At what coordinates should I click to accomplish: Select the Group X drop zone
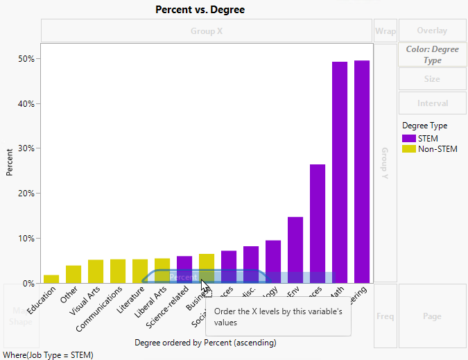(x=207, y=31)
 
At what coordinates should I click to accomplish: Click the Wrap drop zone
(x=385, y=31)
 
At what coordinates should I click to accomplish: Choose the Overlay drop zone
(x=432, y=31)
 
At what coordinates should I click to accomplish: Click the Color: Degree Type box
(x=432, y=55)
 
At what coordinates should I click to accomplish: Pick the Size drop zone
(x=432, y=79)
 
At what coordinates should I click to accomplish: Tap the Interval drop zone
(x=432, y=103)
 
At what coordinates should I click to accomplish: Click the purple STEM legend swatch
(x=408, y=139)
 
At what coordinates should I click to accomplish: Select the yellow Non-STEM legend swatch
(x=408, y=149)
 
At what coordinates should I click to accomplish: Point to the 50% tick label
(x=26, y=59)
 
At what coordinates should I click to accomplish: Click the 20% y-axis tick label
(x=26, y=194)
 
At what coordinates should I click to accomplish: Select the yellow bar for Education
(x=51, y=279)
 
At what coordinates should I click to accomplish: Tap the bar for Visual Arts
(x=96, y=271)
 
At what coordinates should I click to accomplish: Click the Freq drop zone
(x=385, y=316)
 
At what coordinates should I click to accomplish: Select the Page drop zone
(x=432, y=316)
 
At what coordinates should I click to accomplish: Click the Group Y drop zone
(x=385, y=163)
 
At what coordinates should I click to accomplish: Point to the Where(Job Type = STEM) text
(x=48, y=354)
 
